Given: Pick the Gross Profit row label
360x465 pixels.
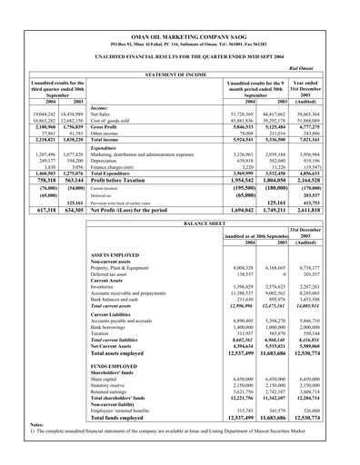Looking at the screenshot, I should pyautogui.click(x=108, y=129).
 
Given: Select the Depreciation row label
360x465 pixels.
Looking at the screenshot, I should pyautogui.click(x=110, y=160).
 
